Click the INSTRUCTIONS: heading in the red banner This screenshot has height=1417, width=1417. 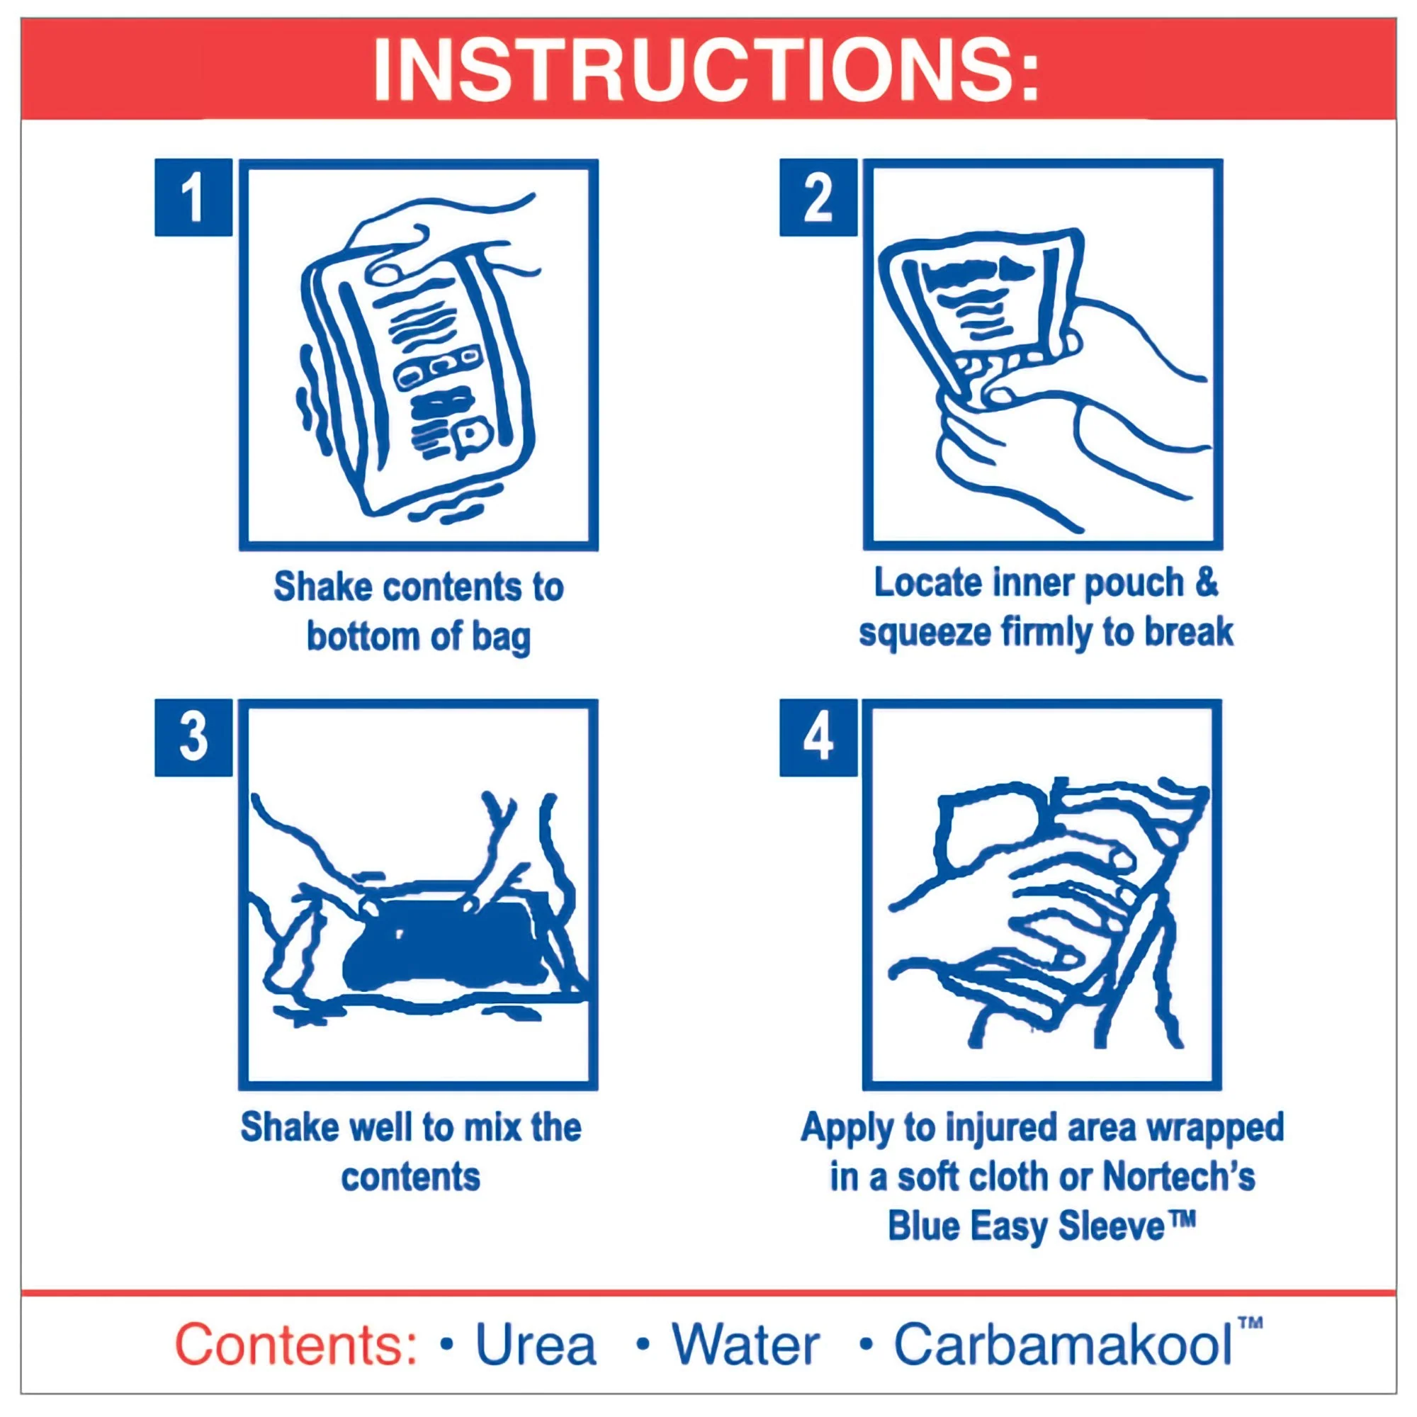706,70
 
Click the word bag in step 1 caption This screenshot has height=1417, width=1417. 501,636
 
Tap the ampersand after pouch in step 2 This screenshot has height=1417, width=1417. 1207,583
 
